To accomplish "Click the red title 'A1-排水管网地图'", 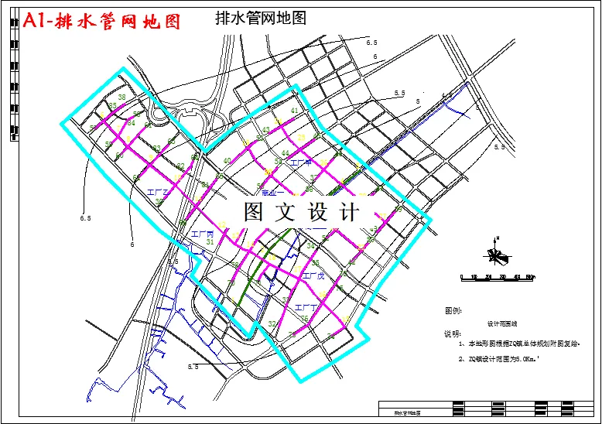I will pos(103,22).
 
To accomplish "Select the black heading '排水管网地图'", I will pos(259,19).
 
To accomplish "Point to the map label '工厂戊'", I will pos(313,275).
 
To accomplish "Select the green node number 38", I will pos(121,97).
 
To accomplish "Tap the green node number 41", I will pos(294,111).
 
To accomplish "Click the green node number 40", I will pos(227,161).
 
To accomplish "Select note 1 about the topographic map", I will pos(518,342).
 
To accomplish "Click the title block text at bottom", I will pos(402,414).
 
